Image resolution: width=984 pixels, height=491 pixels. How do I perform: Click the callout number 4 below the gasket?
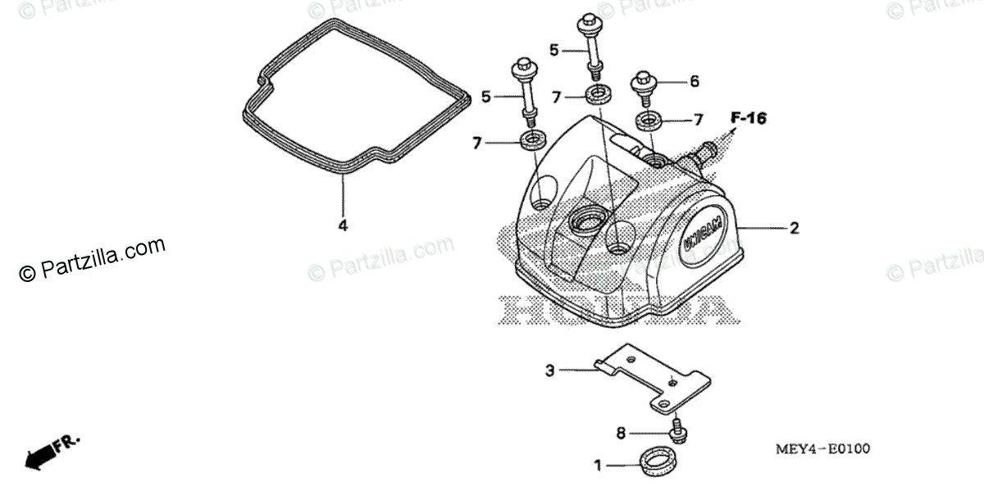(x=343, y=225)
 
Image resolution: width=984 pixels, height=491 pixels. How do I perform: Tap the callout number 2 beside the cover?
(x=794, y=229)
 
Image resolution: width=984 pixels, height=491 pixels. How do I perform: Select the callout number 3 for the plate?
(x=550, y=371)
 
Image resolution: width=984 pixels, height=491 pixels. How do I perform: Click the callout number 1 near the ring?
(x=598, y=466)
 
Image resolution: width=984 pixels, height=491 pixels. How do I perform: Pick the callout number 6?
(x=694, y=81)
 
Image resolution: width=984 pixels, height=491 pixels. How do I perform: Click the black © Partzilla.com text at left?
(x=92, y=260)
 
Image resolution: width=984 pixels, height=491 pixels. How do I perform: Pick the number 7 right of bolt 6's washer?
(x=698, y=120)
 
